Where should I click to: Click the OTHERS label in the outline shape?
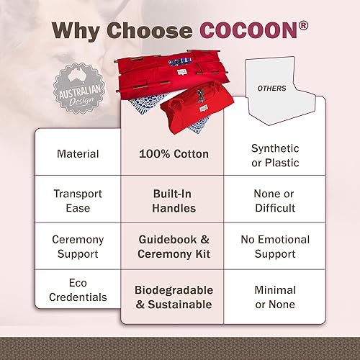(x=272, y=89)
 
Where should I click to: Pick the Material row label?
(x=78, y=153)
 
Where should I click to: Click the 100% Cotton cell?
(x=174, y=153)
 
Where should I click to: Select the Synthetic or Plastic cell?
(x=274, y=154)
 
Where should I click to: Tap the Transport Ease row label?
(x=78, y=201)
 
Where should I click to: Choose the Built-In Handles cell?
(x=174, y=201)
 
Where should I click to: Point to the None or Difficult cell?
(x=274, y=201)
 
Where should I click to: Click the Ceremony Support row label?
(x=78, y=246)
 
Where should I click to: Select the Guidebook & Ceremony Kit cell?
(x=174, y=246)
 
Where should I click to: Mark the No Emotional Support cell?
(x=274, y=246)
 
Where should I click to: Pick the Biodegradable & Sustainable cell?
(x=174, y=297)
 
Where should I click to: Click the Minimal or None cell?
(x=274, y=297)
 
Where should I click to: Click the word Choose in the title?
(x=148, y=30)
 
